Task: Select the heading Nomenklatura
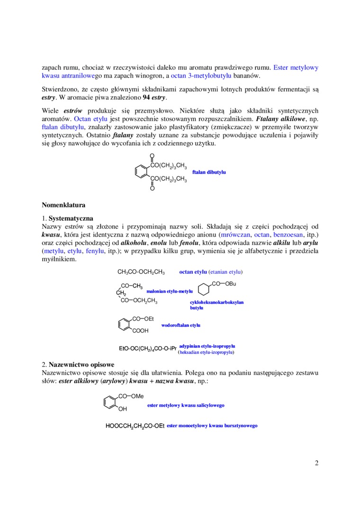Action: [63, 205]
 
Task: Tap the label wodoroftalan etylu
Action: [181, 325]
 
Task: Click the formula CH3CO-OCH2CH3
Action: [141, 272]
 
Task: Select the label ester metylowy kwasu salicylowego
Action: [186, 405]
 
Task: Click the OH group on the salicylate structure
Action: [123, 409]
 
